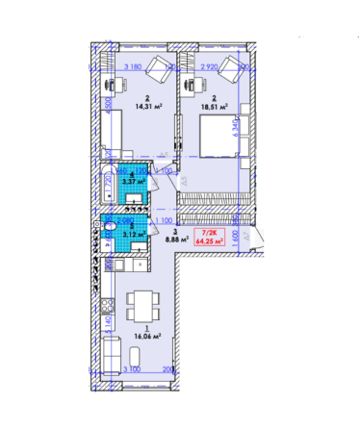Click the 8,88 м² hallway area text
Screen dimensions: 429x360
tap(174, 239)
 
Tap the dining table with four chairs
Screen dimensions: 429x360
tap(143, 305)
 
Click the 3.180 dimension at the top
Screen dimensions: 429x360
tap(138, 65)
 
